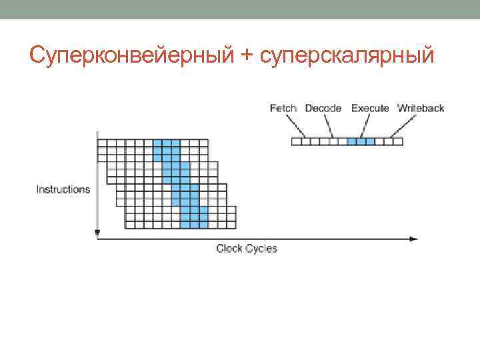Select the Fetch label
(x=283, y=108)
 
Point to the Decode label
(x=323, y=108)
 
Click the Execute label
(x=370, y=108)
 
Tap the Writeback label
(x=421, y=108)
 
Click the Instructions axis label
(x=63, y=189)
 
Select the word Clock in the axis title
(x=229, y=249)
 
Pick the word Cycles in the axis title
(x=261, y=249)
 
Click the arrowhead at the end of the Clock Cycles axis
(x=415, y=238)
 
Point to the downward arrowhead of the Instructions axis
(x=97, y=233)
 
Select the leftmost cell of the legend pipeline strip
(x=296, y=141)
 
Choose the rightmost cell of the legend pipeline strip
(x=398, y=141)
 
